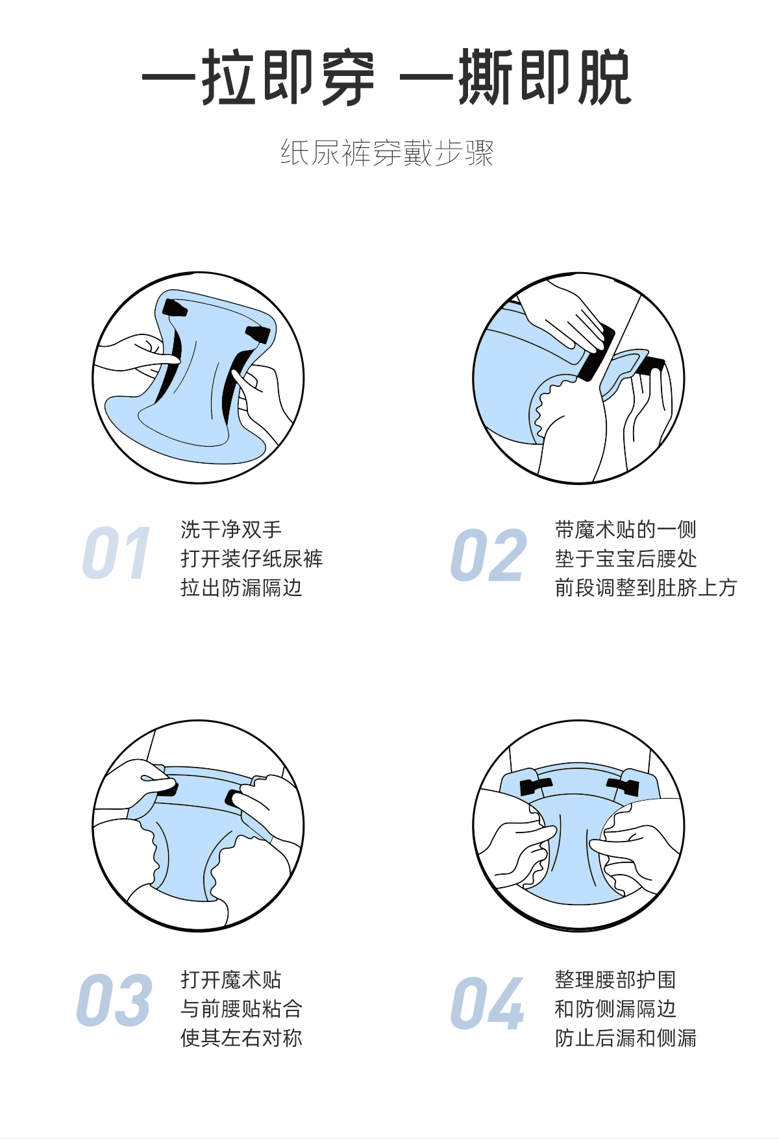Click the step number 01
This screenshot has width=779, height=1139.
click(117, 553)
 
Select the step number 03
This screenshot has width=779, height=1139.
click(114, 1000)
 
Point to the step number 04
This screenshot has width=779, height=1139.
click(488, 1003)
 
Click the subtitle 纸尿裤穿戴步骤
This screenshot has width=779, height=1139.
click(388, 153)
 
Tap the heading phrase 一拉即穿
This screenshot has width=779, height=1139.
click(258, 77)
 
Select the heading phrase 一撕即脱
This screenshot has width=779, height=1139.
click(516, 77)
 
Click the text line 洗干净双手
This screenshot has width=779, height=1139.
click(231, 529)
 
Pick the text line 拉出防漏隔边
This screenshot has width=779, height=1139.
click(241, 588)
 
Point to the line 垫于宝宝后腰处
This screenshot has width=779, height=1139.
click(626, 558)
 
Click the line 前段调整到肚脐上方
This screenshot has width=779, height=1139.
click(646, 588)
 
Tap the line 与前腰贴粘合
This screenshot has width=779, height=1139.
click(241, 1008)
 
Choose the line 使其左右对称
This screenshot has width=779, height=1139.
click(241, 1038)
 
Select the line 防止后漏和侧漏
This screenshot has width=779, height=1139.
click(626, 1038)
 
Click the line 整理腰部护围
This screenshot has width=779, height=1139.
click(615, 979)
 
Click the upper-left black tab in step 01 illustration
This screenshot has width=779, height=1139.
click(175, 307)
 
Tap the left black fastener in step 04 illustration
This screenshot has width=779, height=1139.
click(536, 786)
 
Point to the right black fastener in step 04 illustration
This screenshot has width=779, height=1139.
click(624, 786)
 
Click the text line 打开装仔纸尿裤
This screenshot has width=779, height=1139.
click(252, 558)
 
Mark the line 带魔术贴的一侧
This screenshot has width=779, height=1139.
click(626, 529)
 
